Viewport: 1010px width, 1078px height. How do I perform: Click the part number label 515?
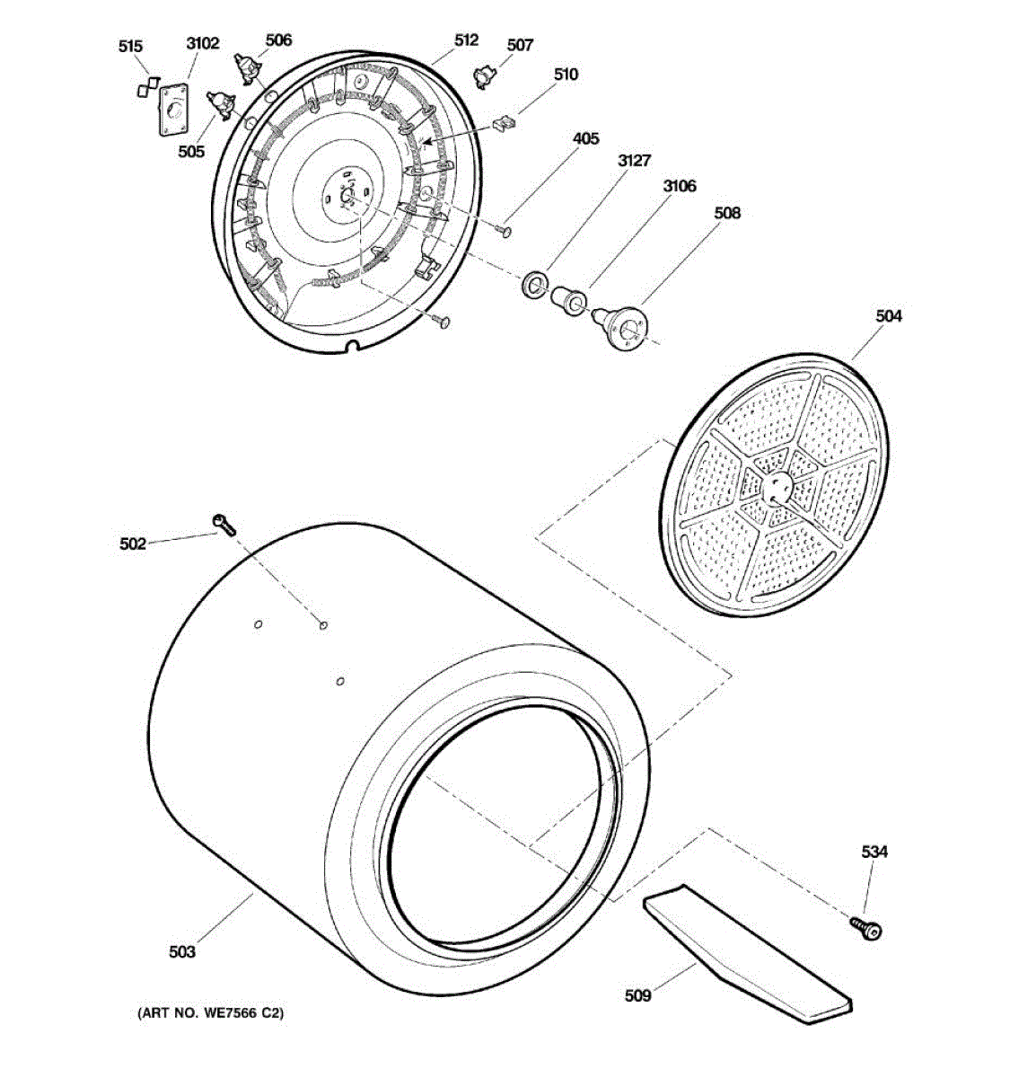(130, 47)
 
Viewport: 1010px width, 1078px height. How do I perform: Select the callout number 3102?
(202, 43)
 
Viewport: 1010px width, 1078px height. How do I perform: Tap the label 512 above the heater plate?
(466, 40)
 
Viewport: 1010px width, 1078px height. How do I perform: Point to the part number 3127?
(634, 161)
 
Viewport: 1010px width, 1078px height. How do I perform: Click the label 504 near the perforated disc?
(889, 316)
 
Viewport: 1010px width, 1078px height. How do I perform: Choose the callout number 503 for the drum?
(182, 951)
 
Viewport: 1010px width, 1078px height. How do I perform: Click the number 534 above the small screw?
(874, 852)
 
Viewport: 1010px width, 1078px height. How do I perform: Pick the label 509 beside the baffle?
(638, 994)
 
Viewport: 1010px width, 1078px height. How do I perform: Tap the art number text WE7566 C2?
(210, 1013)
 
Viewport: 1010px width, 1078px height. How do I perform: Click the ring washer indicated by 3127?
(535, 286)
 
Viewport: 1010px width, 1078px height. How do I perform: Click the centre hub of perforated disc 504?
(775, 487)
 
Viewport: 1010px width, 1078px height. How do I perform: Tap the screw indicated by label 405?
(504, 232)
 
